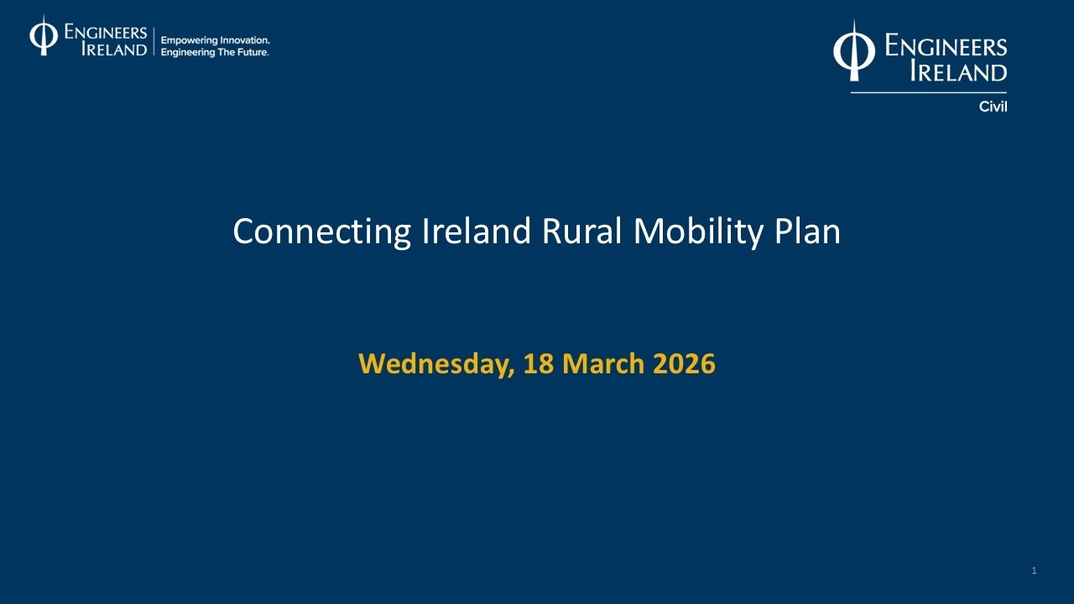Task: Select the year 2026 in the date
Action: coord(684,364)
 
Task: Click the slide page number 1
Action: coord(1034,571)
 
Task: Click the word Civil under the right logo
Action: coord(993,107)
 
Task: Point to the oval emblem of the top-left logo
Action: coord(44,36)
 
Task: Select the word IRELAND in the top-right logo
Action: coord(958,72)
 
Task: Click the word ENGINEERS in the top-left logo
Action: coord(106,33)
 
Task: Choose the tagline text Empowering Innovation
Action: coord(215,40)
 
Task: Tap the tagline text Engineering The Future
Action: coord(215,52)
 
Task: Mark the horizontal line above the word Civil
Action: coord(928,92)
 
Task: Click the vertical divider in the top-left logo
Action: coord(154,40)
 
